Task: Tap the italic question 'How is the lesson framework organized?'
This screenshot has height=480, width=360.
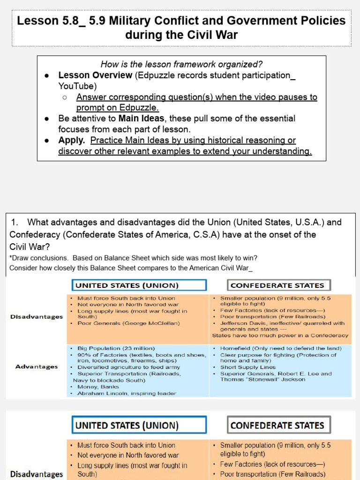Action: (x=181, y=64)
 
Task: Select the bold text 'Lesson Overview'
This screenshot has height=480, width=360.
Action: (x=95, y=75)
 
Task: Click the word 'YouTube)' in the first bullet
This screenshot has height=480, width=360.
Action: (x=77, y=86)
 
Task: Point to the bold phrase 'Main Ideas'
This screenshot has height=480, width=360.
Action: (x=141, y=119)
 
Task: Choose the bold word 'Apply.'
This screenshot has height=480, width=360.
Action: (x=72, y=140)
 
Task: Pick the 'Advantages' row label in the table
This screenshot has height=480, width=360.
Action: (x=37, y=367)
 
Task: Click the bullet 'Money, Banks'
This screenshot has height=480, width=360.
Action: (x=98, y=387)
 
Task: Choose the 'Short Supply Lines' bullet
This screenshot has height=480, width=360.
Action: (x=248, y=367)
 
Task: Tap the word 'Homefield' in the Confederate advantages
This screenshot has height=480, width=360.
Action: (x=235, y=348)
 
